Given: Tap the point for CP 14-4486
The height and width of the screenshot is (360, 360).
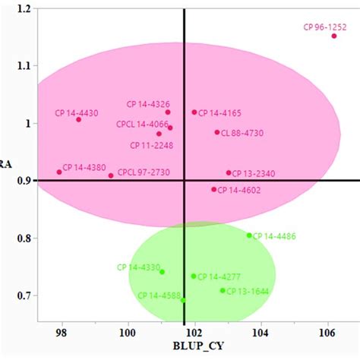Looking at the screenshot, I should coord(249,235).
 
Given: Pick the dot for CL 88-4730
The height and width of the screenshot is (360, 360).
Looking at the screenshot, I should coord(217,132).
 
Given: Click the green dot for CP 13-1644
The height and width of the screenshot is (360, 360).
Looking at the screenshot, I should coord(223,291).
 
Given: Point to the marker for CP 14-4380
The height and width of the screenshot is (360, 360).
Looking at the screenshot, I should coord(59,172).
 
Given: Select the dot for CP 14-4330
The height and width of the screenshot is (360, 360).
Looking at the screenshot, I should coord(162,272).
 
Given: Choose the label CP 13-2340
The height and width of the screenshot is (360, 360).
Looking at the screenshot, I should coord(254,174).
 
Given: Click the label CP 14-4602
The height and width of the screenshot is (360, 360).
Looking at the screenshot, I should coord(241,191).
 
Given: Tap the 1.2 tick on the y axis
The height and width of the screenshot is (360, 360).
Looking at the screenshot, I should coord(22,9).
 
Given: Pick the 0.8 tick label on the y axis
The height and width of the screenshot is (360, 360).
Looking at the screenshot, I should coord(22,238).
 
